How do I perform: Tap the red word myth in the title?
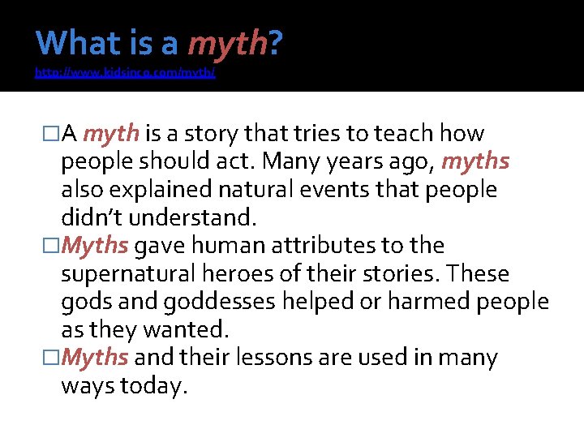[x=228, y=43]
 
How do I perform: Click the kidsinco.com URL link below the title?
[x=125, y=73]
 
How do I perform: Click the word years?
[x=346, y=161]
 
